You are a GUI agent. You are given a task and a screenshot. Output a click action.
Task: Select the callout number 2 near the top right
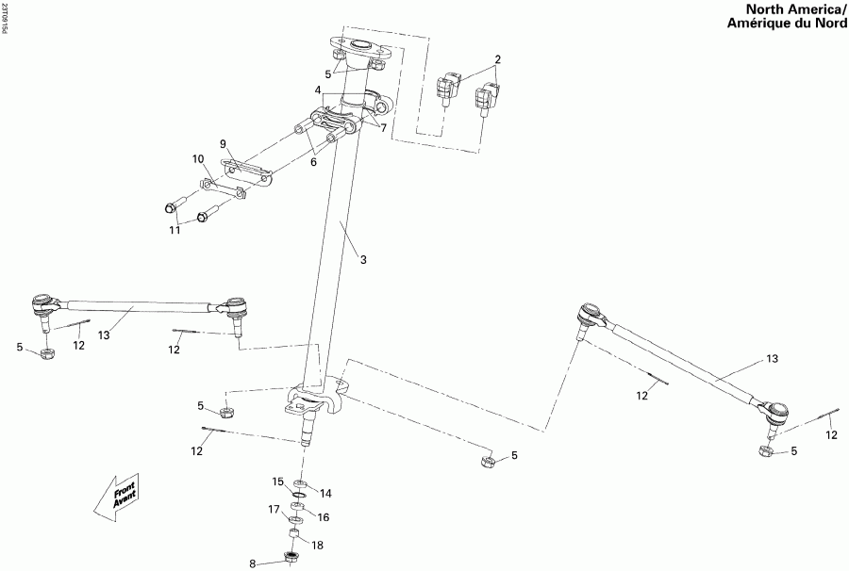(497, 59)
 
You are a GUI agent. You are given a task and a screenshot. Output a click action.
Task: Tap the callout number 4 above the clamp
(319, 90)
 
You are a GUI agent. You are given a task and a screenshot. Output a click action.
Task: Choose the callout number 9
(224, 144)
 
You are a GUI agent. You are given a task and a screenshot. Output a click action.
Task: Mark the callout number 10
(198, 158)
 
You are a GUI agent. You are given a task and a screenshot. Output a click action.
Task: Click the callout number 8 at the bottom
(253, 563)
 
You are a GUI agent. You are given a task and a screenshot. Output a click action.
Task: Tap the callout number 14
(325, 492)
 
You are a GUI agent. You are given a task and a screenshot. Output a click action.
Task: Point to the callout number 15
(278, 481)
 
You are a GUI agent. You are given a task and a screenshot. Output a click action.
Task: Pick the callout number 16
(323, 517)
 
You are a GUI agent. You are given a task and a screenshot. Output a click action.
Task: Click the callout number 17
(274, 510)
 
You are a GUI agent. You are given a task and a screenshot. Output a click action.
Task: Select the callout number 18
(317, 545)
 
